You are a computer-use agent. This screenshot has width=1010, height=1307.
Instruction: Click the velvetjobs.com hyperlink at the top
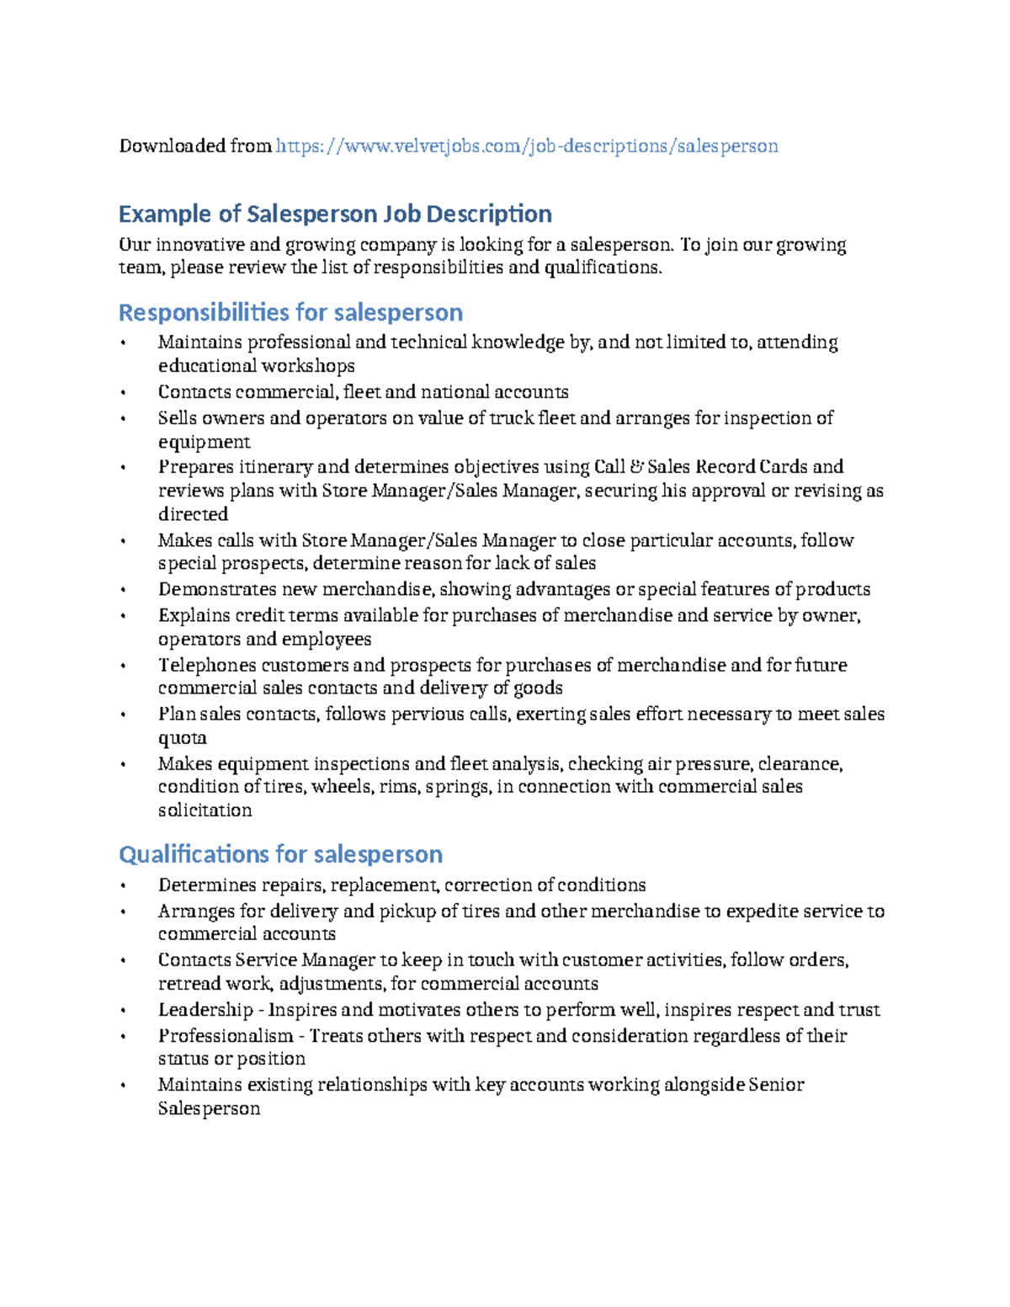coord(527,146)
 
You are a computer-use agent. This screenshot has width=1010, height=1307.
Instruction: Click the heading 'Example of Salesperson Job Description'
coord(335,214)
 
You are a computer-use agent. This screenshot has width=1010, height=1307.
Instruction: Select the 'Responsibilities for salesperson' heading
coord(290,312)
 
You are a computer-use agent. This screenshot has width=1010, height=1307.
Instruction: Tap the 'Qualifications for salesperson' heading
coord(280,854)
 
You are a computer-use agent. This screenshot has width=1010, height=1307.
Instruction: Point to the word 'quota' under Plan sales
coord(183,738)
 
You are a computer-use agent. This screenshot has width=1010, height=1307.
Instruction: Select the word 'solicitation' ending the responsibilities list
coord(205,810)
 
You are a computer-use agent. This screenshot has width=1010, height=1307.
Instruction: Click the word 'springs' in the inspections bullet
coord(457,787)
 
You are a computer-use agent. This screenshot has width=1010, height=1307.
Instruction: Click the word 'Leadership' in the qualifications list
coord(205,1010)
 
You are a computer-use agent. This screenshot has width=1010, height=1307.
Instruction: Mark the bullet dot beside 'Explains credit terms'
coord(123,616)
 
